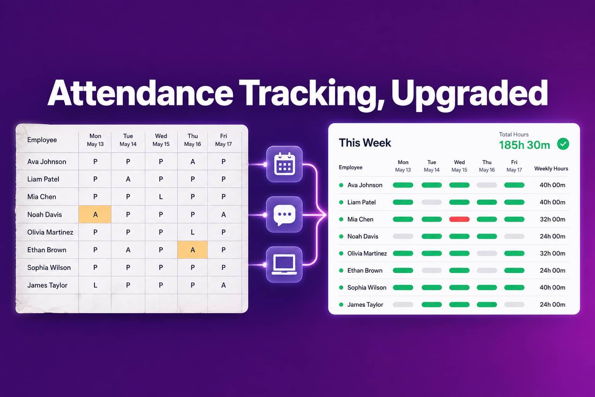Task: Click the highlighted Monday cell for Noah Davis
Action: pyautogui.click(x=95, y=214)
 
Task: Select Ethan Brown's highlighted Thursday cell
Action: pyautogui.click(x=192, y=250)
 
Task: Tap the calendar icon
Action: pyautogui.click(x=284, y=164)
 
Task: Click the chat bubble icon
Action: pyautogui.click(x=284, y=214)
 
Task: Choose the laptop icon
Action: pyautogui.click(x=284, y=264)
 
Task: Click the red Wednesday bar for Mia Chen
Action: pyautogui.click(x=459, y=219)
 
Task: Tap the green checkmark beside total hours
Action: pyautogui.click(x=563, y=144)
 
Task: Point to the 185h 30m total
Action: pyautogui.click(x=524, y=145)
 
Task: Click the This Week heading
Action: pyautogui.click(x=365, y=143)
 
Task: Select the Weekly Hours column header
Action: pyautogui.click(x=551, y=169)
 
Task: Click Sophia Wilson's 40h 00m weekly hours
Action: pyautogui.click(x=552, y=287)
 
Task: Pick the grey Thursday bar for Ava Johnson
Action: pyautogui.click(x=487, y=185)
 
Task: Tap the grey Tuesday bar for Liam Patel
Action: pyautogui.click(x=432, y=202)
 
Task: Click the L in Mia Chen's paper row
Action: pyautogui.click(x=161, y=197)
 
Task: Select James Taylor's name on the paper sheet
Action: pyautogui.click(x=47, y=285)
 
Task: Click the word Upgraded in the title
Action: pyautogui.click(x=469, y=93)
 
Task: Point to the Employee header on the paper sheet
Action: pyautogui.click(x=42, y=140)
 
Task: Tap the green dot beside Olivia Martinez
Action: pyautogui.click(x=341, y=254)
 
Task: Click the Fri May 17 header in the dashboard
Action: pyautogui.click(x=514, y=166)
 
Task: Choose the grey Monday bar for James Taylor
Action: pyautogui.click(x=403, y=305)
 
